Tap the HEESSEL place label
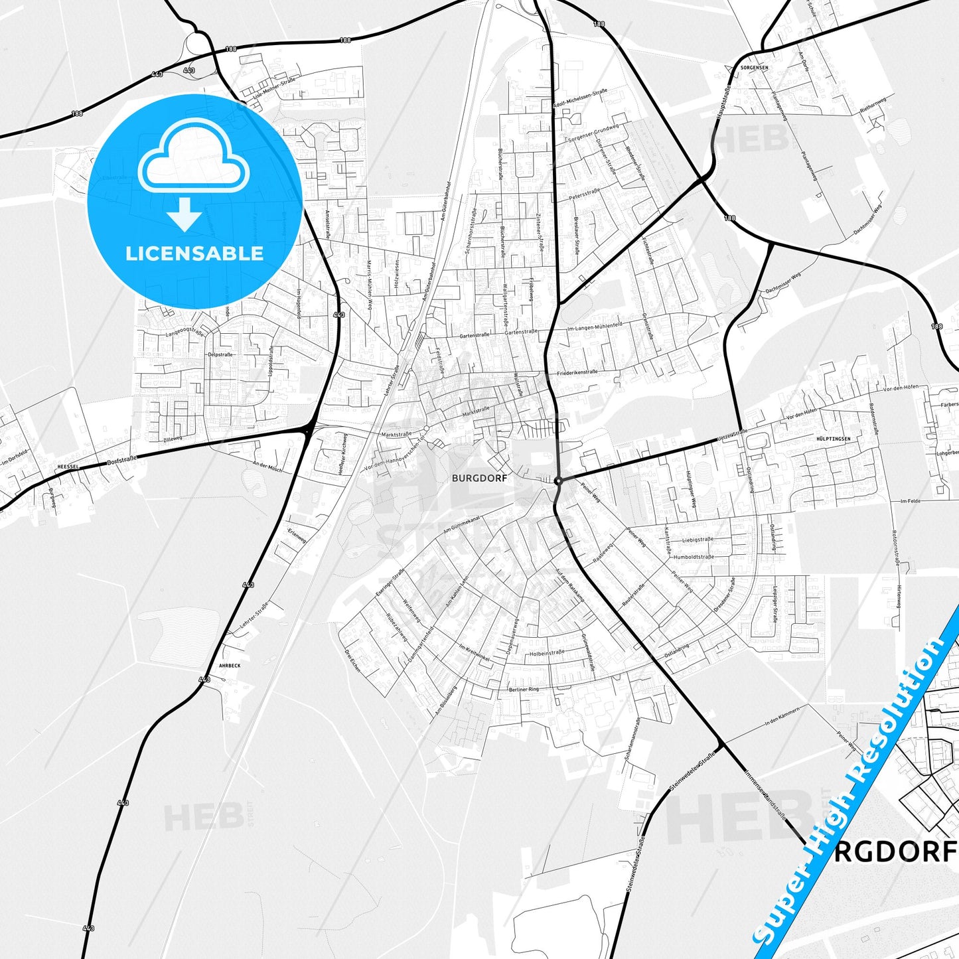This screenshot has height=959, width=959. click(68, 467)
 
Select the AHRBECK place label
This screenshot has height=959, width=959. click(229, 665)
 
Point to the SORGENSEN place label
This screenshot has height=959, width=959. click(755, 68)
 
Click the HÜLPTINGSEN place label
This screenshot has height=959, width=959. click(833, 439)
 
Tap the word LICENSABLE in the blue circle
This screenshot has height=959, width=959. click(194, 253)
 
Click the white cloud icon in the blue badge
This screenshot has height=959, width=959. click(194, 159)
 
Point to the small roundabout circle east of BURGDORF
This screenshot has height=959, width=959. click(559, 480)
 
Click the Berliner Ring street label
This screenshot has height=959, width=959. click(524, 690)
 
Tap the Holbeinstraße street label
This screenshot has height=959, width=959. click(547, 653)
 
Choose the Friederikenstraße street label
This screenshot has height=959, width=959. click(577, 372)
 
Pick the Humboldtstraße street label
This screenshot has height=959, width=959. click(694, 557)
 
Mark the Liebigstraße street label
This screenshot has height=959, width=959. click(698, 540)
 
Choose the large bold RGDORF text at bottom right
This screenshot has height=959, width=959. click(895, 851)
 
